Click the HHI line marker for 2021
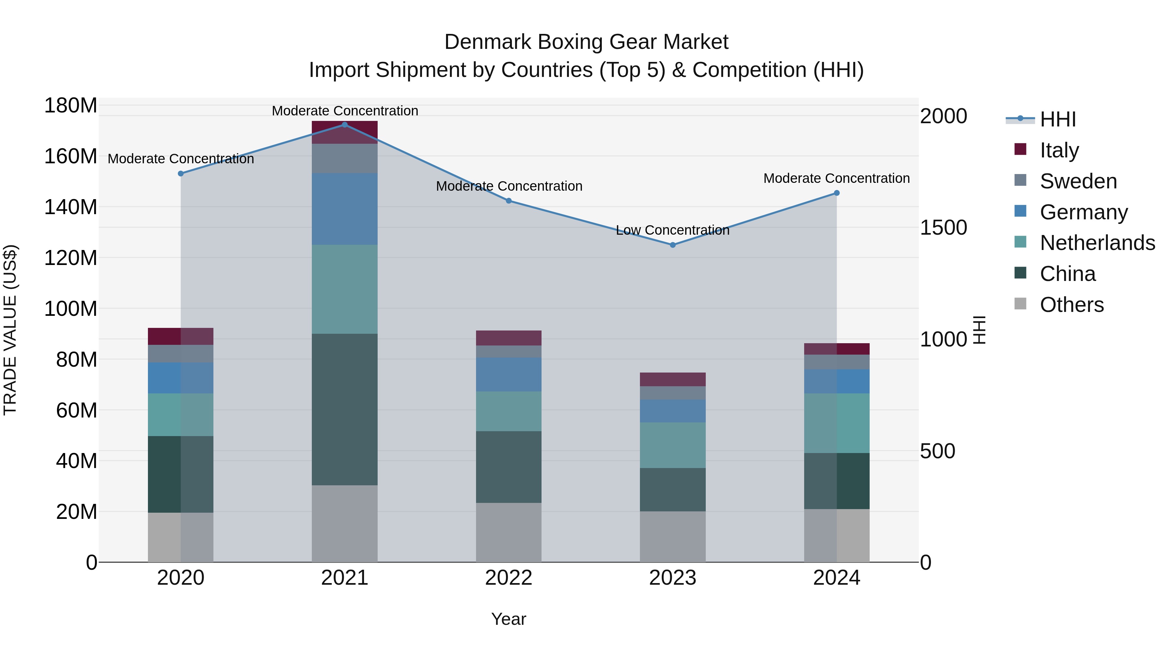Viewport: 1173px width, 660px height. [344, 125]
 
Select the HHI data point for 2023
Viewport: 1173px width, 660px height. [673, 245]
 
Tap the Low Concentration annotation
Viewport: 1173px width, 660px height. [672, 230]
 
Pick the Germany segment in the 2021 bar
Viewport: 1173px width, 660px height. [344, 209]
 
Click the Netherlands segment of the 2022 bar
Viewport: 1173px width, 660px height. [508, 411]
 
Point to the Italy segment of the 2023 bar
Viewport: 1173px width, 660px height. [673, 379]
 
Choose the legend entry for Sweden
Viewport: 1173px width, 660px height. [1078, 181]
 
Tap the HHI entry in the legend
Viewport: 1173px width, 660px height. [1057, 119]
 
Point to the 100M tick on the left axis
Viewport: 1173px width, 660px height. [71, 309]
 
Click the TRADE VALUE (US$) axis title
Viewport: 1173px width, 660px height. [10, 330]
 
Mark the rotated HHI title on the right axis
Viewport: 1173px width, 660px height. [979, 330]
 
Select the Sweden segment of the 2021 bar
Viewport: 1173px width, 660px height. [344, 158]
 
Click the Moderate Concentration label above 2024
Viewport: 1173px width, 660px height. [836, 179]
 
